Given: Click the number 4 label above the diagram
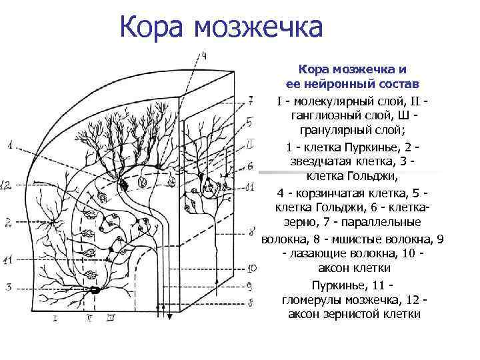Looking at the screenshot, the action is [204, 54].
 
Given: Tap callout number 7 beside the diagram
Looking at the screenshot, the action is [250, 101].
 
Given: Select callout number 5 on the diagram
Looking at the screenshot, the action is [249, 122].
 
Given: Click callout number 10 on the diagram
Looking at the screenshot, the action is [251, 269].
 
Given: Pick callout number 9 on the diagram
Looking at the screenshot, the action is [250, 285].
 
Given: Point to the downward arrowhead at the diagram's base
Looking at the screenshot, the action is [169, 317].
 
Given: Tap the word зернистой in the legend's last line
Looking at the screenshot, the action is [353, 314].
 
